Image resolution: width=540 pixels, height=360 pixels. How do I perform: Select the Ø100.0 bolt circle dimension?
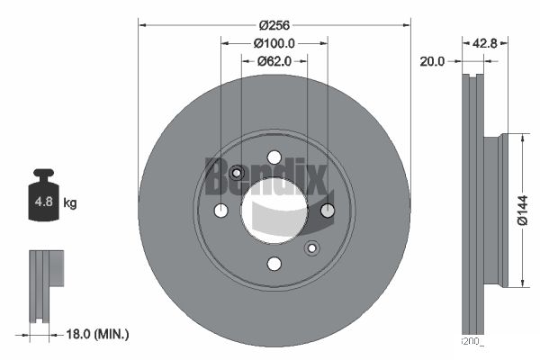[x=274, y=44]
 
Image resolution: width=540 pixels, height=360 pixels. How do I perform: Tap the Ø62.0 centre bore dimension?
[x=274, y=62]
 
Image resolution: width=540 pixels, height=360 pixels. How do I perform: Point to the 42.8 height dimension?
[x=486, y=43]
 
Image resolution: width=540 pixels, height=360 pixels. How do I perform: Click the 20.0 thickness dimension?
[x=433, y=61]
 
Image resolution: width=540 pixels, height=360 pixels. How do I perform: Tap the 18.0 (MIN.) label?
[x=99, y=334]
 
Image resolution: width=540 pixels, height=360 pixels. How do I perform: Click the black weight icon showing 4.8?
[x=42, y=200]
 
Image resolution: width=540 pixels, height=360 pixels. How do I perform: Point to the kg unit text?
[x=70, y=203]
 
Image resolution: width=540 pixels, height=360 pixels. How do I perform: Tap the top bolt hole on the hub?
[x=274, y=157]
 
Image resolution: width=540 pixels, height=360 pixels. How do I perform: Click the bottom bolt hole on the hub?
[x=274, y=264]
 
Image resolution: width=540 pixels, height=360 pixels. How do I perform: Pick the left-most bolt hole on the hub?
[x=221, y=211]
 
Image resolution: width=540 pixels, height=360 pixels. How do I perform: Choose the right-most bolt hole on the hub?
[x=328, y=211]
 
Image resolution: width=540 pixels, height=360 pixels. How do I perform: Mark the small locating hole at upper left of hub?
[x=237, y=173]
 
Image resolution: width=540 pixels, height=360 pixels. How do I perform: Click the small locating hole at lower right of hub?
[x=312, y=248]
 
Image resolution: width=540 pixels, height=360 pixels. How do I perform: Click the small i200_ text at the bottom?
[x=472, y=341]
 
